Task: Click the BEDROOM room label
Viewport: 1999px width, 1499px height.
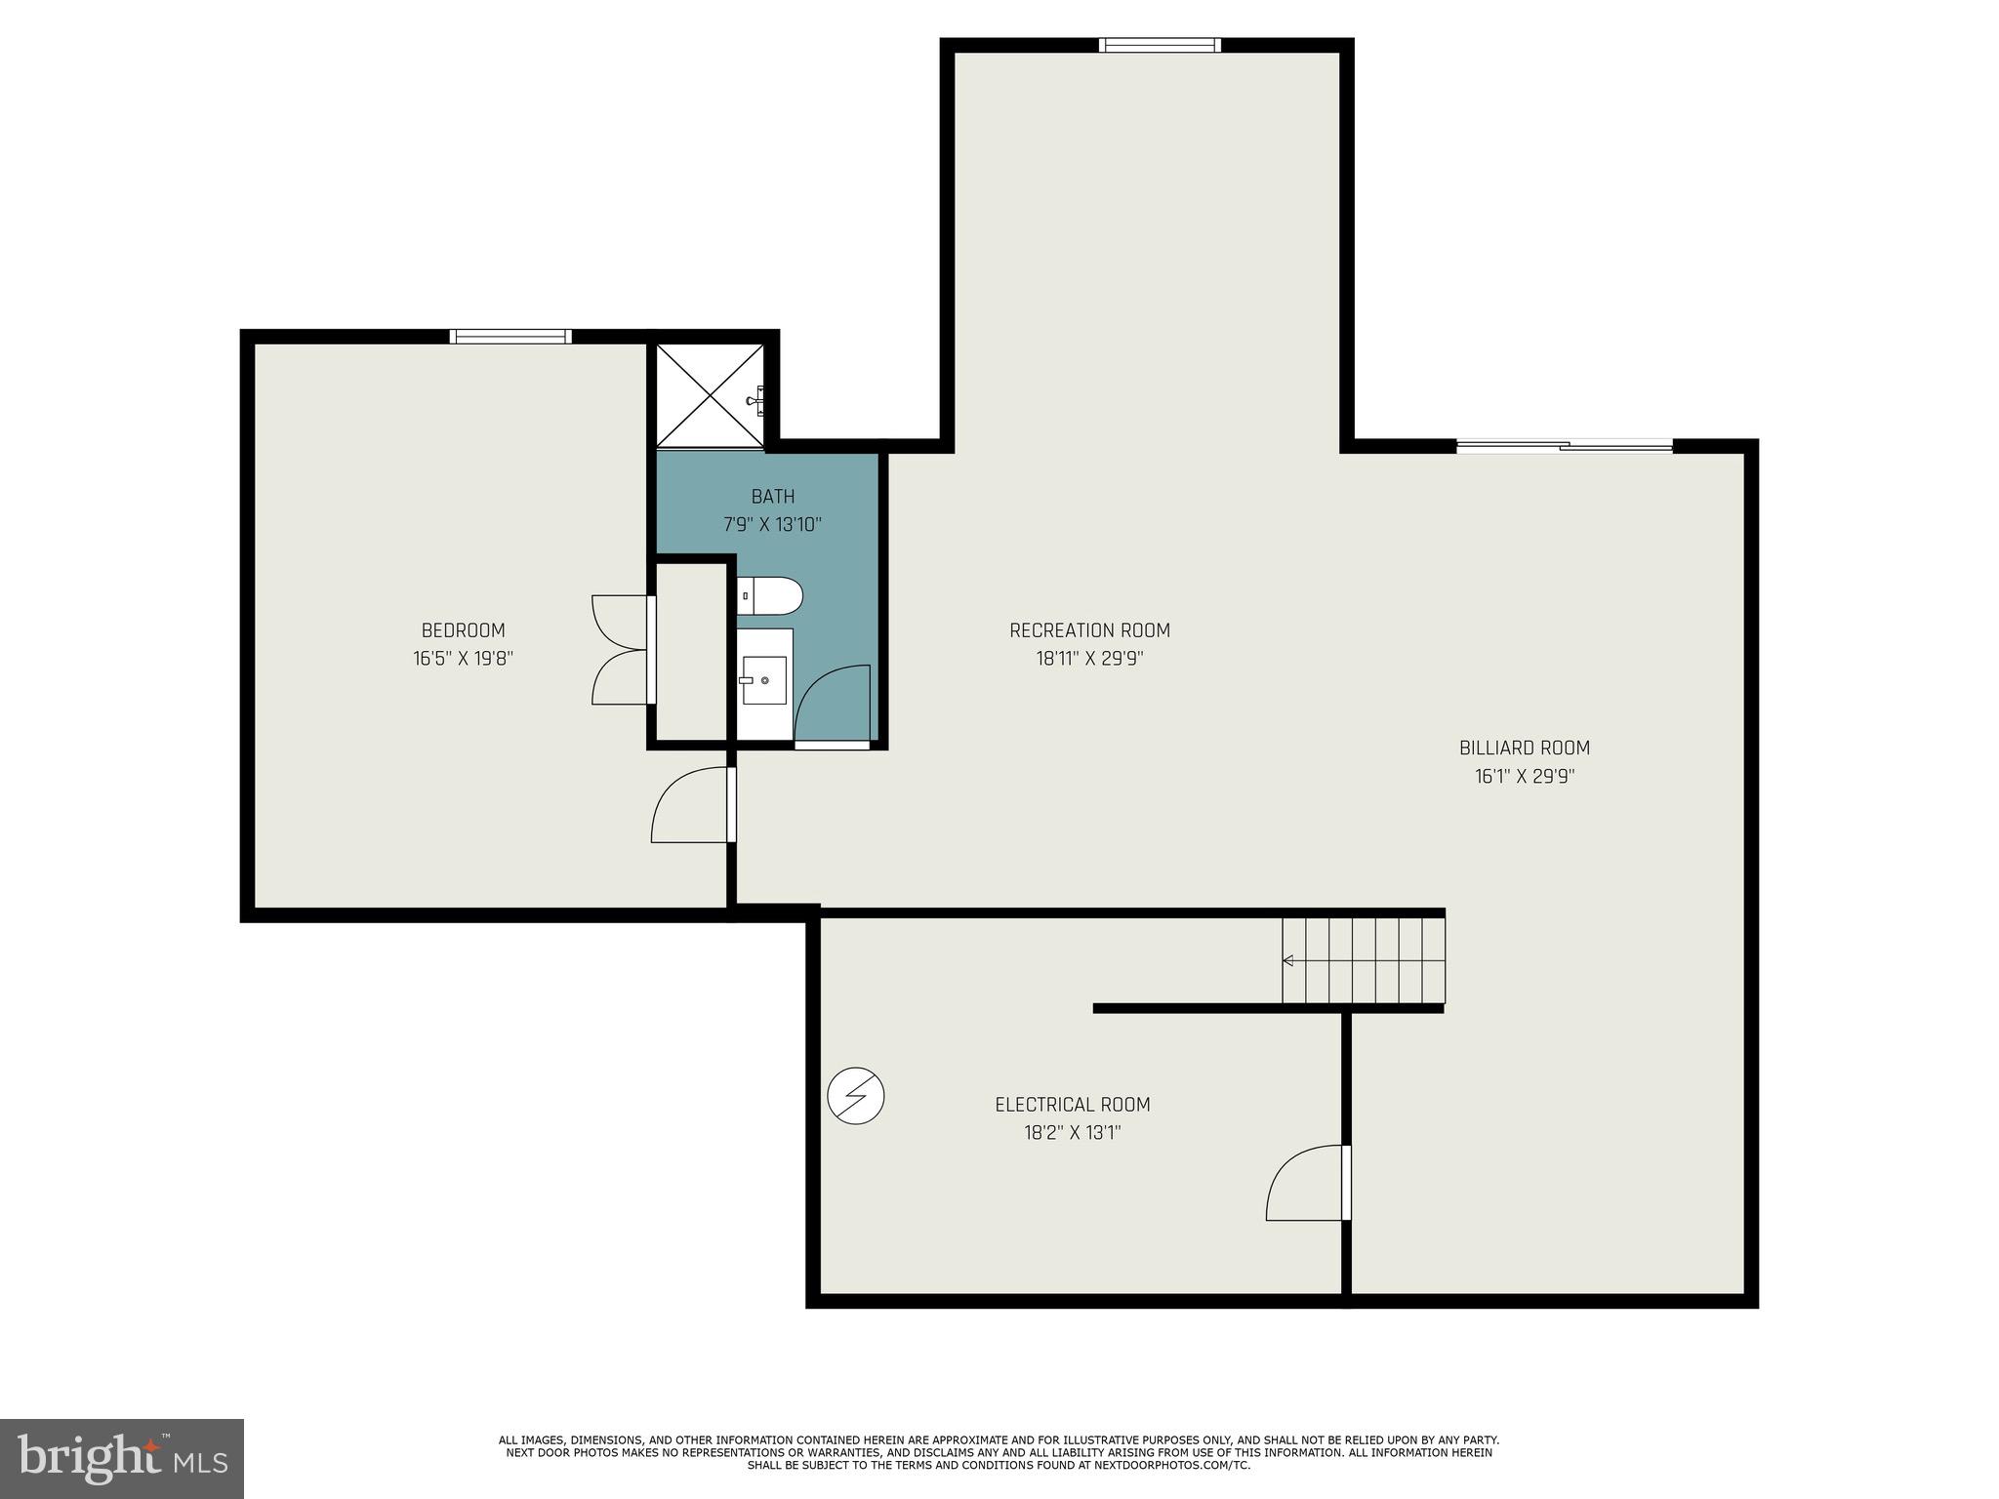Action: coord(463,630)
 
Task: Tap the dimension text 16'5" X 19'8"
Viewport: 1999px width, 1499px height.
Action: coord(463,659)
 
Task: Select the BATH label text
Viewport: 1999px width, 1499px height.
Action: coord(772,497)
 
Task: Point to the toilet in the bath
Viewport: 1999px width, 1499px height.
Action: coord(769,595)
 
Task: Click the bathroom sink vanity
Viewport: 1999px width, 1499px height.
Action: coord(764,680)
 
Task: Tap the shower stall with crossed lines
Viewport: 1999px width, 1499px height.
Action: coord(710,395)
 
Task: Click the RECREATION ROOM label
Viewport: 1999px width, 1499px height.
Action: coord(1089,630)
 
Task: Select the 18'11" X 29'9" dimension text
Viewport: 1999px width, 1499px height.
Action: coord(1089,659)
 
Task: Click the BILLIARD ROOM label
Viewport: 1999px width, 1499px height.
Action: coord(1524,749)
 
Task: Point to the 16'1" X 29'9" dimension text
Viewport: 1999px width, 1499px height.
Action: coord(1524,777)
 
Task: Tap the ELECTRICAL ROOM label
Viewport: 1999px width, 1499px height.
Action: coord(1072,1105)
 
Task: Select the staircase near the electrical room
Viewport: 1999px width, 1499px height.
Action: coord(1363,960)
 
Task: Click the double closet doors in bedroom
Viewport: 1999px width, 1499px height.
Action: coord(621,650)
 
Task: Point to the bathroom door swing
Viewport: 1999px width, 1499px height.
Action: coord(833,705)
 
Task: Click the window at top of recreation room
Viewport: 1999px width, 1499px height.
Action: coord(1159,45)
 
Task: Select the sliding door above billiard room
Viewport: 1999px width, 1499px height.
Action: coord(1564,447)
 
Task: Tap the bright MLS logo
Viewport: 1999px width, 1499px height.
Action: coord(122,1458)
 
